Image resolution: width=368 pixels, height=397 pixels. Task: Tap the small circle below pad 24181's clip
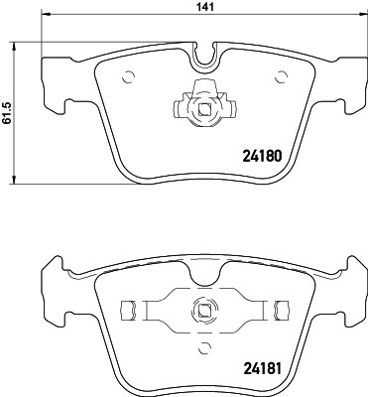tap(206, 346)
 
